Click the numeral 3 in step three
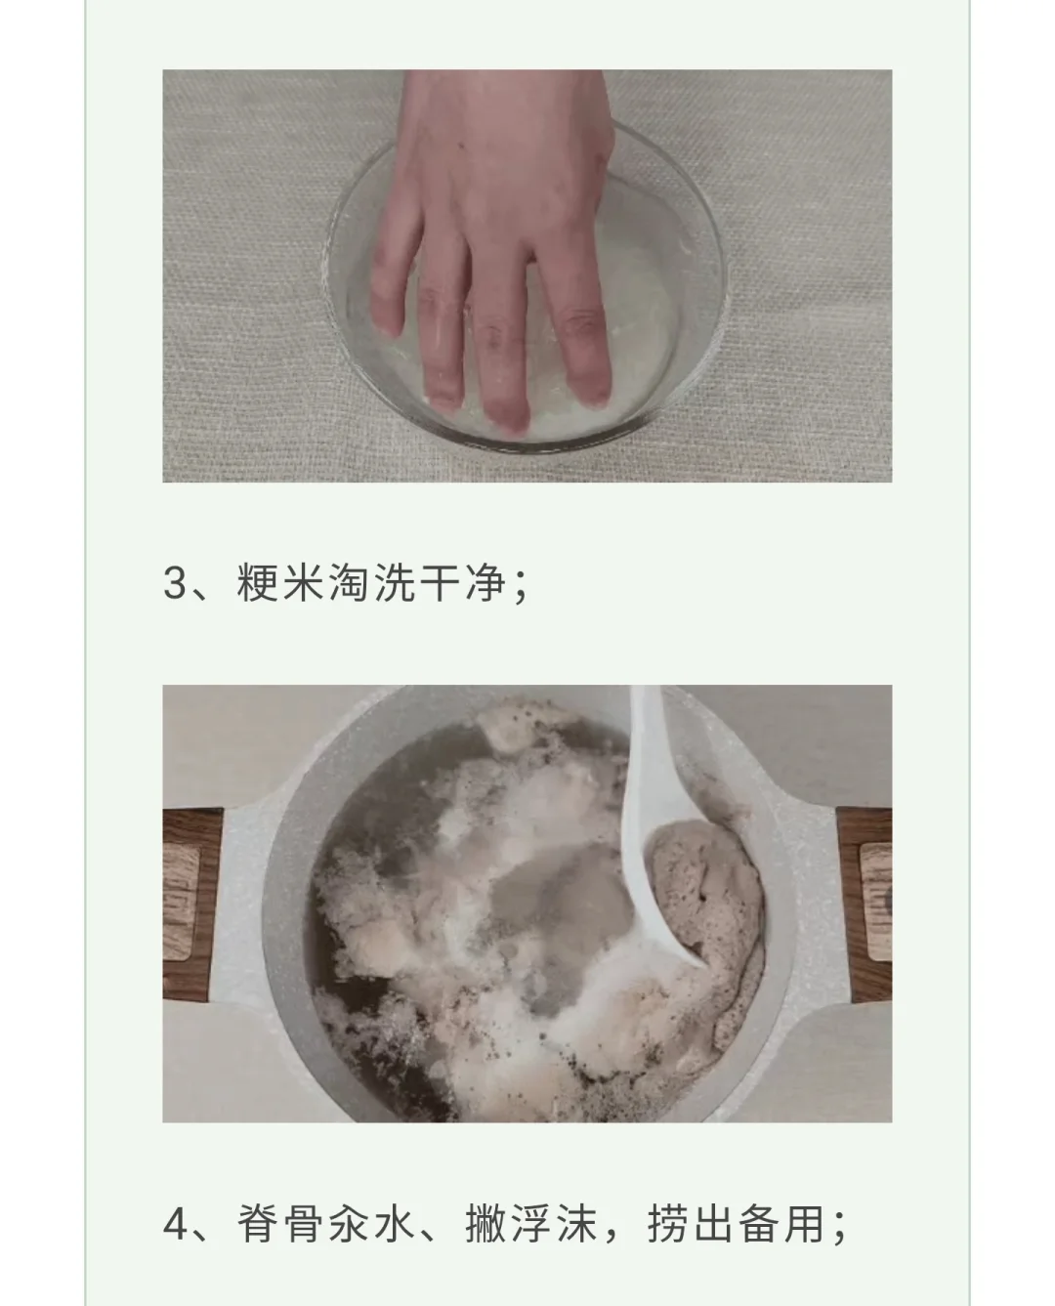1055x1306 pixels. (175, 581)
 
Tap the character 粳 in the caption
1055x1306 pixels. (258, 581)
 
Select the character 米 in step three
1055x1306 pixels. (304, 581)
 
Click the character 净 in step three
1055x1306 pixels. (485, 581)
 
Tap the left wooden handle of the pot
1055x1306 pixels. (191, 905)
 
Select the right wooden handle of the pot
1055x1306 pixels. (865, 905)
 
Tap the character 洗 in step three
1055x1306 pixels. (395, 581)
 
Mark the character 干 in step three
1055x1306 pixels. (440, 581)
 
